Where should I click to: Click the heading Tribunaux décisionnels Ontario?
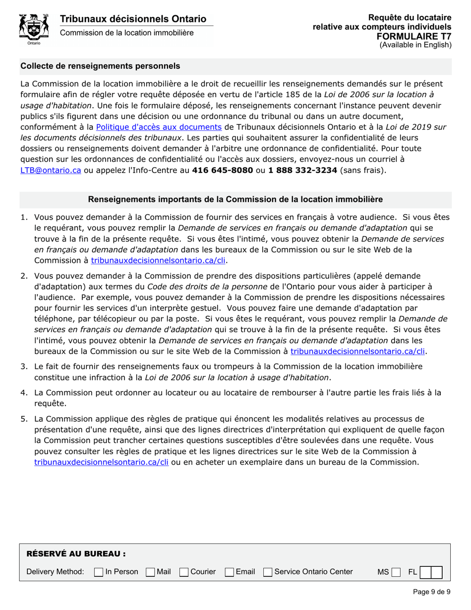point(133,19)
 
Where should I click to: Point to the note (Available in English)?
point(415,45)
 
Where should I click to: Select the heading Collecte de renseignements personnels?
point(100,66)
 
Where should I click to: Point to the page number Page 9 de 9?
point(431,591)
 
